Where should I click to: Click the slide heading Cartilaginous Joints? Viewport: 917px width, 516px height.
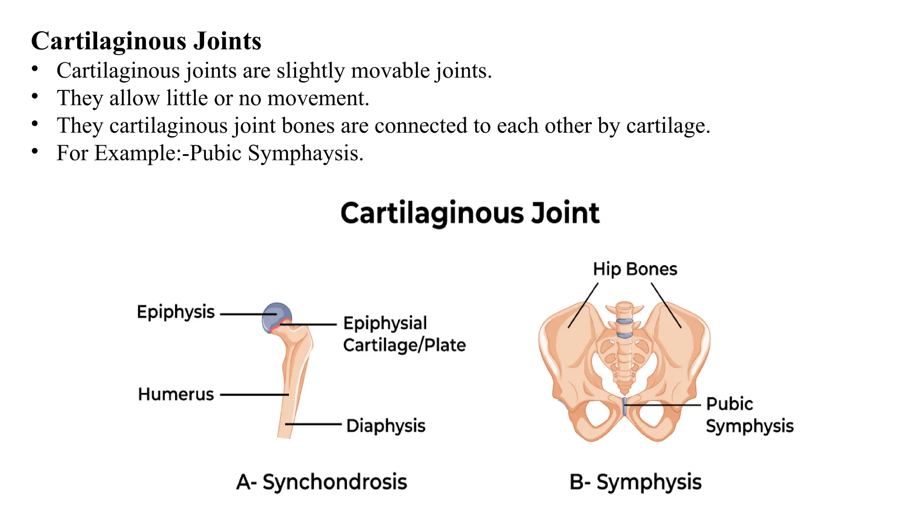point(146,41)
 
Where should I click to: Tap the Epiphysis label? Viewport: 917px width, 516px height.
point(176,312)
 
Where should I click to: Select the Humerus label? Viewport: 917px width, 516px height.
point(176,395)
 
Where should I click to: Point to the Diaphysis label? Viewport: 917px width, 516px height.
point(386,426)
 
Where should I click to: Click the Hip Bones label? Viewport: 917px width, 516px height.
point(635,269)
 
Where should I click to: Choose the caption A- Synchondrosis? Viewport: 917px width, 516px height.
point(321,482)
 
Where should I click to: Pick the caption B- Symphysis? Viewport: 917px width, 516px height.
point(635,482)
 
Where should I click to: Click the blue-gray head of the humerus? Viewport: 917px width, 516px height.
point(276,315)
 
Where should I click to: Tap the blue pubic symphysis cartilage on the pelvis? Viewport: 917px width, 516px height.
point(624,406)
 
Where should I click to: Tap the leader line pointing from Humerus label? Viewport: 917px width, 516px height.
point(254,395)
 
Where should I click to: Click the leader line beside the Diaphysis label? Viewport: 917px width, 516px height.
point(313,424)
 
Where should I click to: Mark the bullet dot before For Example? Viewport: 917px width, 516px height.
point(35,151)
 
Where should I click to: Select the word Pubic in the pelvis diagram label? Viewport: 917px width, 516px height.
point(729,404)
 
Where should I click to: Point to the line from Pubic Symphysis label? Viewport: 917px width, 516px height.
point(663,405)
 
